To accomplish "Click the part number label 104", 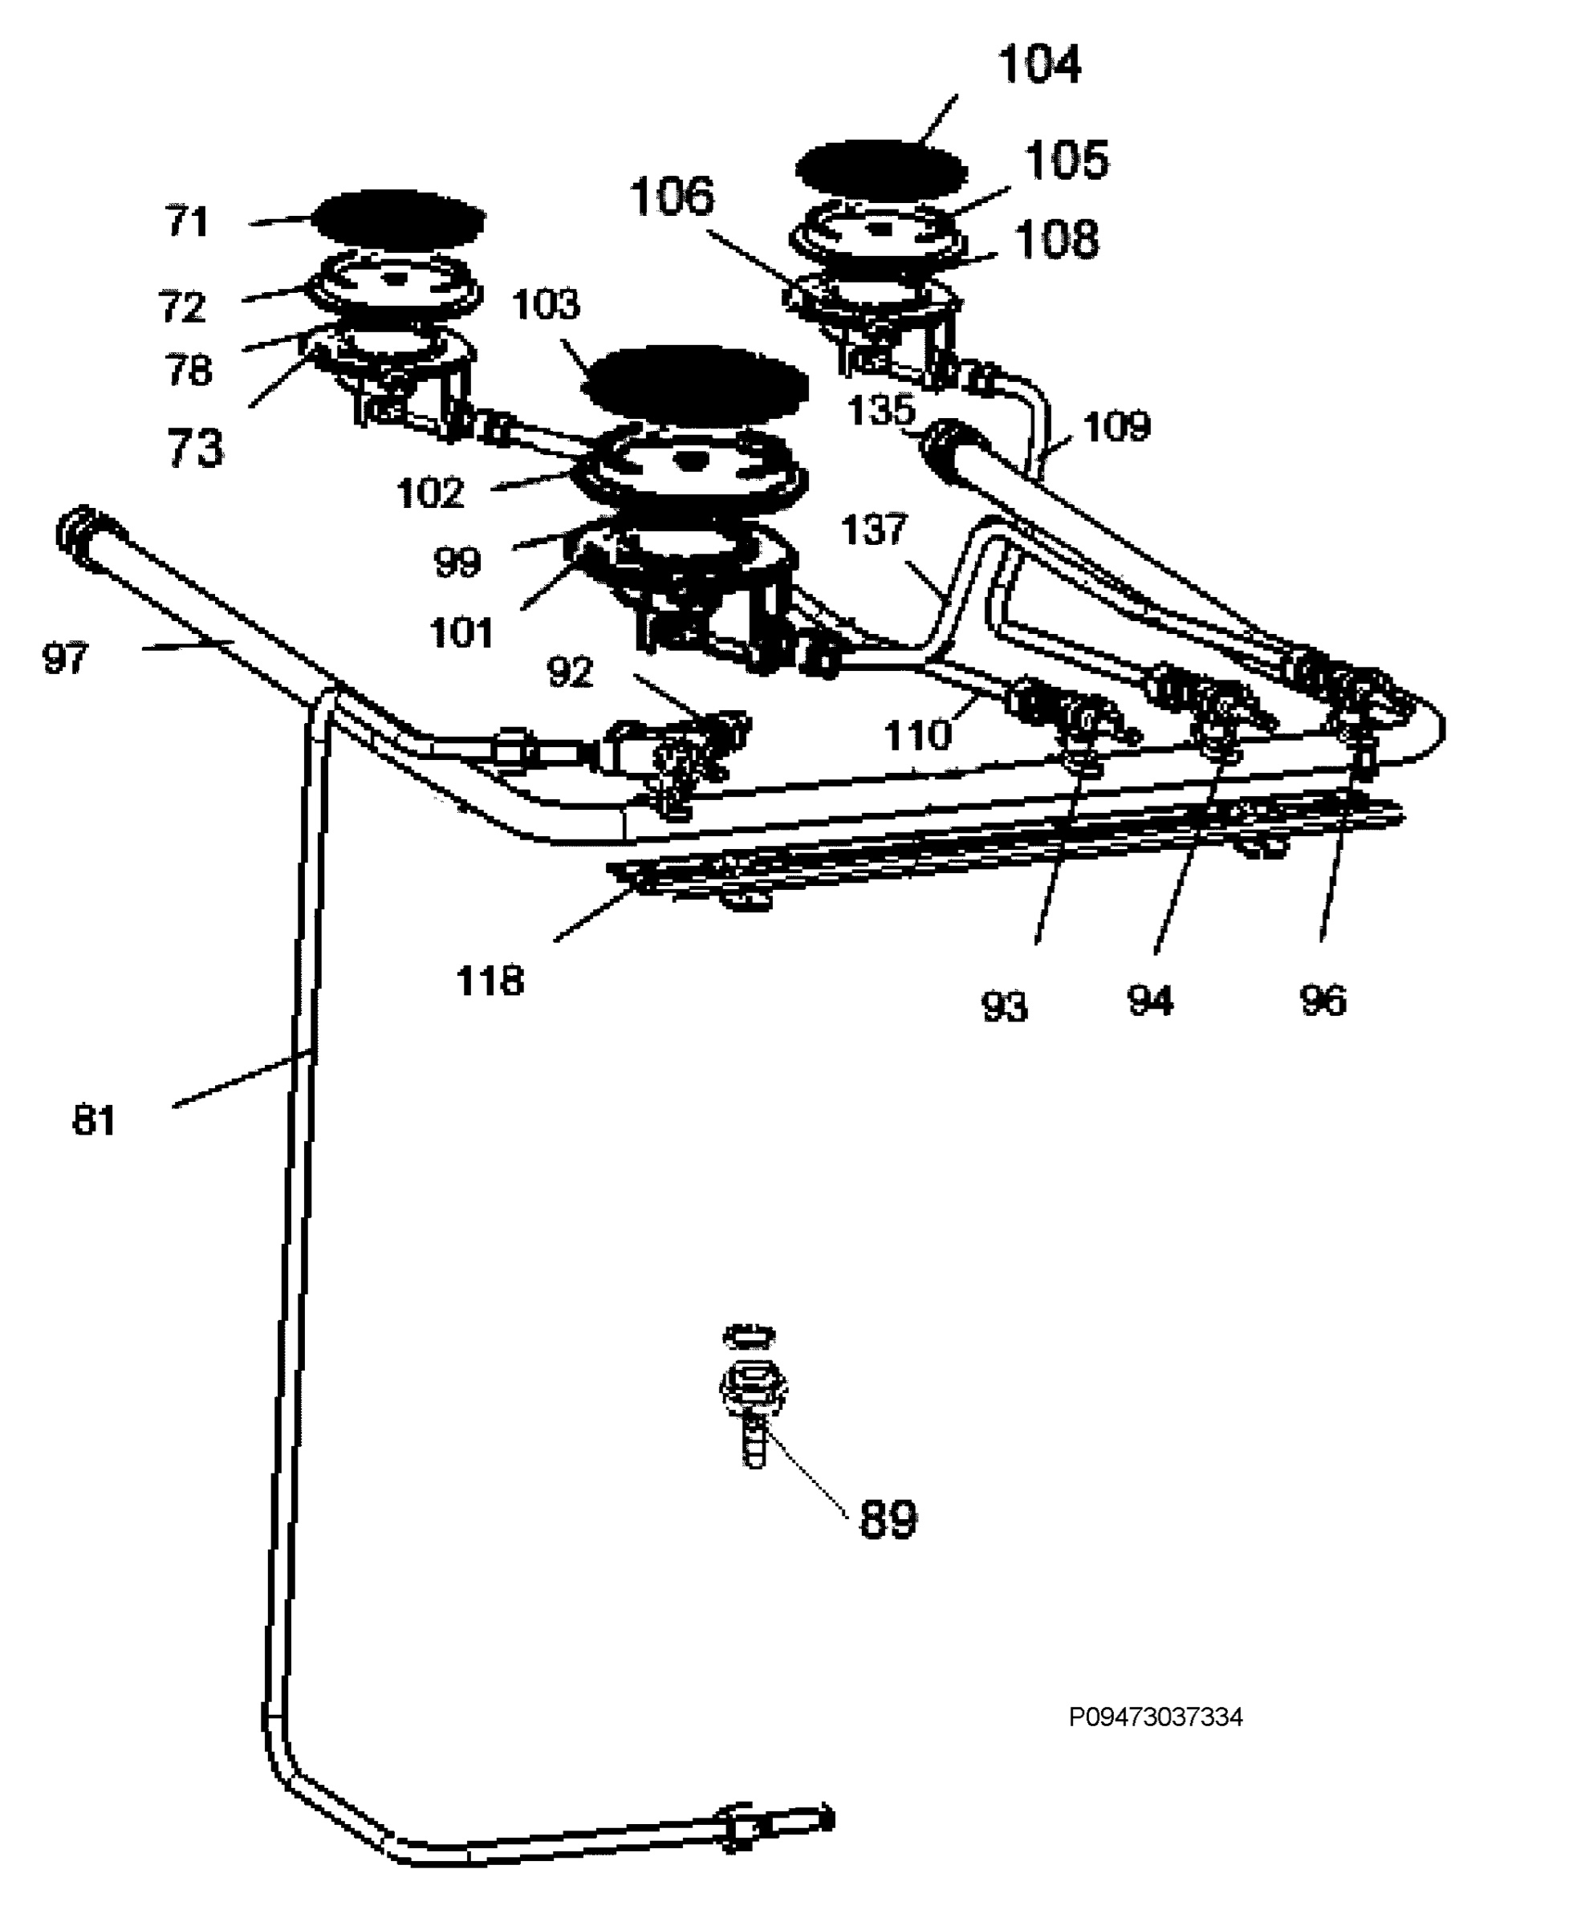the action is (x=1039, y=65).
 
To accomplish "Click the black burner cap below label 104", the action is (x=881, y=169).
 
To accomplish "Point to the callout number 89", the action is (x=888, y=1518).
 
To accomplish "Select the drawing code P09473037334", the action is (x=1156, y=1717).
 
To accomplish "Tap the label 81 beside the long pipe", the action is (x=94, y=1121).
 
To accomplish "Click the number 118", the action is (x=490, y=981).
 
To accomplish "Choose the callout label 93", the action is (x=1004, y=1006).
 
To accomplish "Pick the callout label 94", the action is (x=1149, y=1001).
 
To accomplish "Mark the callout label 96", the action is (x=1323, y=1001).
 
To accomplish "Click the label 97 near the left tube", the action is (x=65, y=658).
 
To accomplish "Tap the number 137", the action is (x=873, y=530).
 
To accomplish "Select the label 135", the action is (x=881, y=410).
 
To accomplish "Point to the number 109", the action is (x=1117, y=427).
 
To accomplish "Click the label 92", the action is (x=569, y=672).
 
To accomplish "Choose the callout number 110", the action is (x=918, y=735).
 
